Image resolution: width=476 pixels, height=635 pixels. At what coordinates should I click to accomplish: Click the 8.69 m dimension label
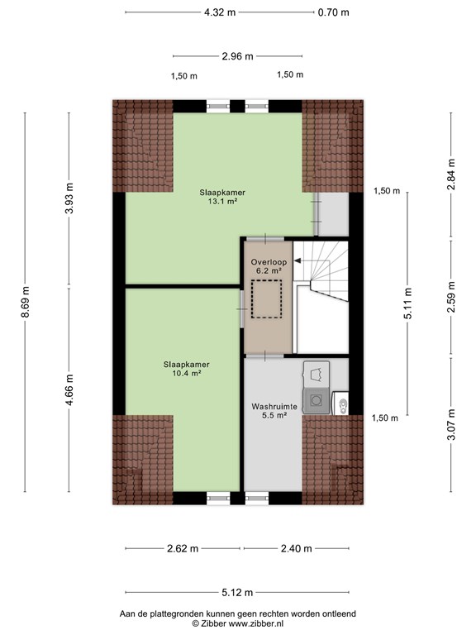(25, 302)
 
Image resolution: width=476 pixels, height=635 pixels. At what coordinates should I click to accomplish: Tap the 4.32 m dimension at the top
(220, 12)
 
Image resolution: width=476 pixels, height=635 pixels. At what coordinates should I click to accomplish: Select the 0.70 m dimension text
(333, 12)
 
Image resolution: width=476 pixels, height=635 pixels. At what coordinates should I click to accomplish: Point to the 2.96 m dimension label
(238, 56)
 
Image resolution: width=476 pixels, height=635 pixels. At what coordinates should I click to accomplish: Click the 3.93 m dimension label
(69, 198)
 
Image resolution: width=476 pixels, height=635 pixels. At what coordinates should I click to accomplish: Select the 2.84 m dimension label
(451, 174)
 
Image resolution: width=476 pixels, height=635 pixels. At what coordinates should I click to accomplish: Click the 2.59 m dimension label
(451, 297)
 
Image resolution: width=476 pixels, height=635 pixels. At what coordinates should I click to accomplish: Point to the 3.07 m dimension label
(451, 424)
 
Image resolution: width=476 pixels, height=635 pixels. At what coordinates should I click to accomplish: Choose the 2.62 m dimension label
(183, 548)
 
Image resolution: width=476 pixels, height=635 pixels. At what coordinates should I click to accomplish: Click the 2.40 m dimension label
(297, 548)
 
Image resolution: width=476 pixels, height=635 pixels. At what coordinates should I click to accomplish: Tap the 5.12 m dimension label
(237, 593)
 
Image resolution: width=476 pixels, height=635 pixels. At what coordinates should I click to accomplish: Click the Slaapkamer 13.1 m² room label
(222, 197)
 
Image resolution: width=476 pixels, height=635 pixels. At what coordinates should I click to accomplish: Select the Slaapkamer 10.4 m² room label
(187, 369)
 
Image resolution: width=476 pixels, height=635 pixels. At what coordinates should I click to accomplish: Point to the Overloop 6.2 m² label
(269, 266)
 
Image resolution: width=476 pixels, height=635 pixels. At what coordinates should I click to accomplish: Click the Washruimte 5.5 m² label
(274, 411)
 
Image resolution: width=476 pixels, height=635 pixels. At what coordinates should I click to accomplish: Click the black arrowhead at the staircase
(297, 261)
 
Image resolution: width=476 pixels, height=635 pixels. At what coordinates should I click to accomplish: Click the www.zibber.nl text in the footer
(256, 623)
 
